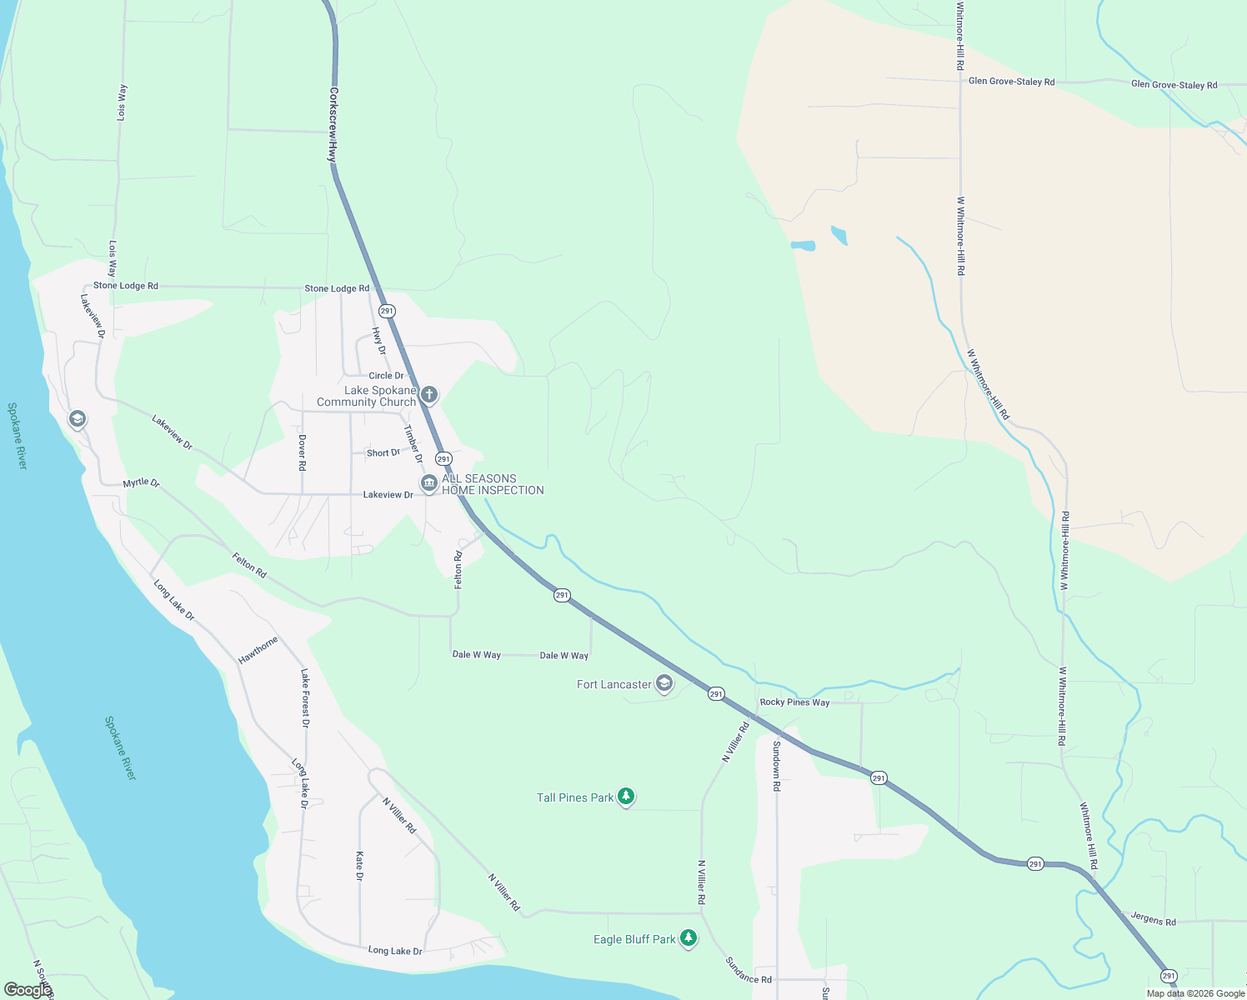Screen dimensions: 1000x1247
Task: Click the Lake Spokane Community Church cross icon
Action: point(429,394)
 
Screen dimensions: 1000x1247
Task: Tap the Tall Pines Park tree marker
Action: point(626,797)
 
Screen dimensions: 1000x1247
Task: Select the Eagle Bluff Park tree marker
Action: point(688,938)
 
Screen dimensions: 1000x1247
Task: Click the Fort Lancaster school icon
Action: point(664,683)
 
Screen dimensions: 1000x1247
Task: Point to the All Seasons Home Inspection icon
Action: point(428,483)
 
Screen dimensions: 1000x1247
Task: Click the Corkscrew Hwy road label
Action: point(333,124)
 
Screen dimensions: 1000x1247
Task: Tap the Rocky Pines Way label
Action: point(794,702)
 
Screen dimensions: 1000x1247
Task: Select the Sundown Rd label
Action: point(776,766)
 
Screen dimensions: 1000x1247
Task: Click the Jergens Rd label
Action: point(1153,919)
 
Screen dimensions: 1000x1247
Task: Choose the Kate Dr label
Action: point(359,866)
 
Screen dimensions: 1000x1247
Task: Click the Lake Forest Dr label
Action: point(305,698)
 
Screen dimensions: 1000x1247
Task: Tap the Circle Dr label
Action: point(386,376)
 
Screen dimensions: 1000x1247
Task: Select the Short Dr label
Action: point(383,453)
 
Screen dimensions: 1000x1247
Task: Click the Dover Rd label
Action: point(302,452)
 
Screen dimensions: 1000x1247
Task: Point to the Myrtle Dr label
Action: point(141,482)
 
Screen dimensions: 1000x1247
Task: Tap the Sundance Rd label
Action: point(749,970)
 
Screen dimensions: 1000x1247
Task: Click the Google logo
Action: point(28,989)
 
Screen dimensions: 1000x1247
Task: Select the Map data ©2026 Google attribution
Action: point(1195,993)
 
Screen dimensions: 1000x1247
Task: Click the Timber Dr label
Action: point(413,444)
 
